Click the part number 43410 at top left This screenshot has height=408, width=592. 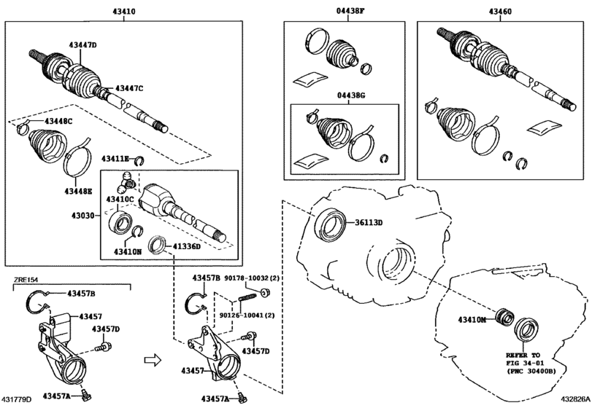tap(124, 12)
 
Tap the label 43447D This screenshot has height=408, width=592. tap(82, 45)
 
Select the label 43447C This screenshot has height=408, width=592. tap(129, 88)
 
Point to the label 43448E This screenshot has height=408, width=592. tap(78, 191)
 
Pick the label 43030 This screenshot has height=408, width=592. tap(82, 216)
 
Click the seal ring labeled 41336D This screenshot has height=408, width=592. tap(157, 245)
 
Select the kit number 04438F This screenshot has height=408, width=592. tap(350, 11)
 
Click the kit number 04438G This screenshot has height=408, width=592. tap(351, 95)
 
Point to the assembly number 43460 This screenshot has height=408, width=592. tap(500, 12)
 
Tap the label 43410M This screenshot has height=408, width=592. tap(472, 319)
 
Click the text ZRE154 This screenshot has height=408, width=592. tap(26, 280)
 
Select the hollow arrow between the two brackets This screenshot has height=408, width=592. tap(153, 360)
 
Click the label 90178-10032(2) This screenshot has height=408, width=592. tap(252, 278)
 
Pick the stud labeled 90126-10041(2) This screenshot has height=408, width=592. tap(247, 297)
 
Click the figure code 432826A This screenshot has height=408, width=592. tap(575, 399)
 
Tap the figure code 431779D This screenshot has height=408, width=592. tap(17, 399)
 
